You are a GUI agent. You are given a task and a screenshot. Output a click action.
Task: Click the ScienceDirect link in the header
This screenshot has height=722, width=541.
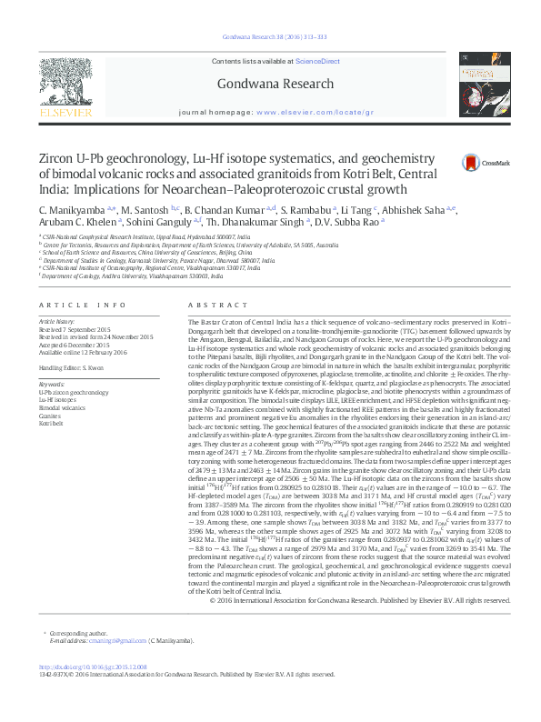coord(320,60)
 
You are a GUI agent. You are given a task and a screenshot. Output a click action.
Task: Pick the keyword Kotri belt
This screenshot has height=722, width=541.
coord(50,424)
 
